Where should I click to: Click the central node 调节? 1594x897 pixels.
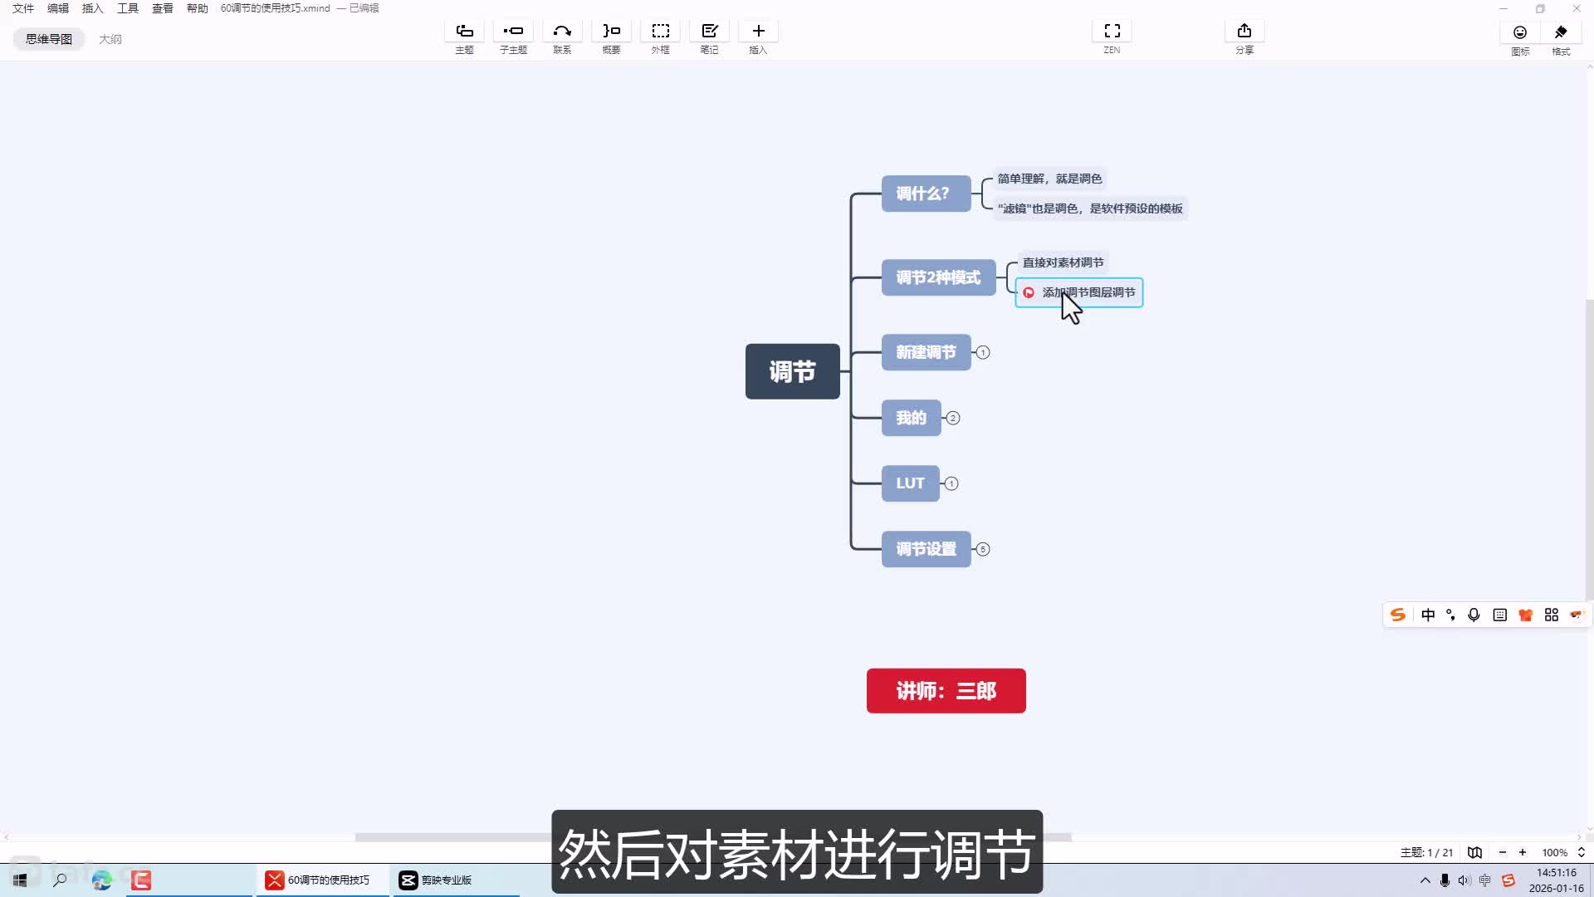point(792,371)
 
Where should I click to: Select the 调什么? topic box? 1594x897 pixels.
point(926,194)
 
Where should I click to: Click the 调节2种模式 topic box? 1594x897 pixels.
point(938,277)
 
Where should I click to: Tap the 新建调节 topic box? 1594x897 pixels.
point(926,352)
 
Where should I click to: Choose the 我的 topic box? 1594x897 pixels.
point(911,418)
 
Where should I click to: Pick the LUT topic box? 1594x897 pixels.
point(910,483)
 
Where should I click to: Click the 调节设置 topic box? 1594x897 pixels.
point(926,549)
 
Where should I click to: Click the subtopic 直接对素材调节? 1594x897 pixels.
point(1063,262)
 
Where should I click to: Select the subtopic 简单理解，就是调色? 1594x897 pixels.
point(1049,179)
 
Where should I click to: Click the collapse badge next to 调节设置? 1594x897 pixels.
point(983,549)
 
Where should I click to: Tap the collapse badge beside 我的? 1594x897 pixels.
point(953,418)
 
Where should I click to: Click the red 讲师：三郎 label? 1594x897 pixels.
point(946,691)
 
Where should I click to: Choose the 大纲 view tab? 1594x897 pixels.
point(110,39)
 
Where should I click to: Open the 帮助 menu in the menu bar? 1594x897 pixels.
point(198,8)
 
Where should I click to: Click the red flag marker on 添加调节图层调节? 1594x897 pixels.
point(1029,292)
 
